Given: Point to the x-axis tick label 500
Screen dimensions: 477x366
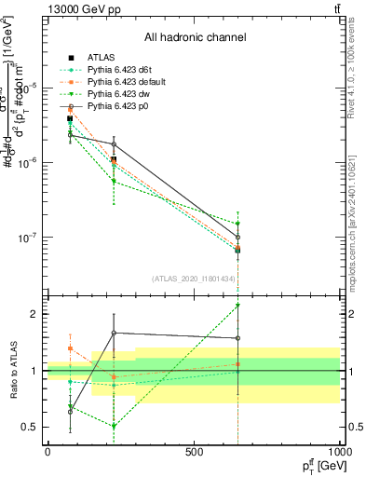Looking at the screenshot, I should tap(194, 452).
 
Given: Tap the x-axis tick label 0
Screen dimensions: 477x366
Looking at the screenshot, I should tap(47, 452).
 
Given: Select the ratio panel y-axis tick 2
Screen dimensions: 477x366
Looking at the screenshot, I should tap(35, 314).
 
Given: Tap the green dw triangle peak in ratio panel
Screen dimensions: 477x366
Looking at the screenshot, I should tap(237, 305).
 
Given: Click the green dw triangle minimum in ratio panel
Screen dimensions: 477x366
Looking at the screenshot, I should tap(114, 426).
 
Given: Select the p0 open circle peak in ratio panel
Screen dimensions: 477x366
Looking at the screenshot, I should tap(114, 333).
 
